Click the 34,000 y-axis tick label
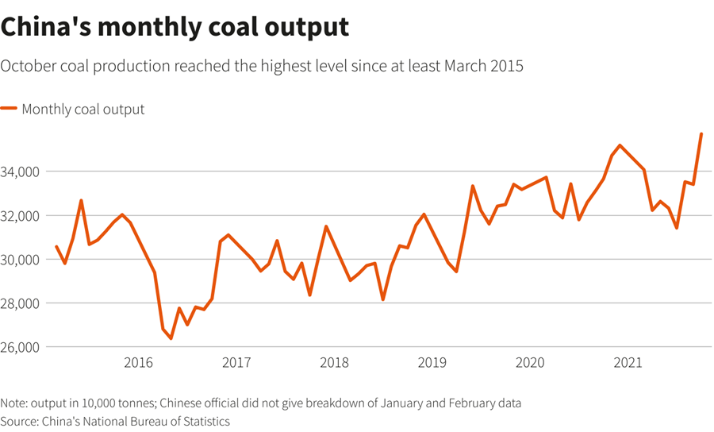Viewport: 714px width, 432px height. tap(22, 172)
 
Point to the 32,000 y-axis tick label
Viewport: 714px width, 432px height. tap(22, 216)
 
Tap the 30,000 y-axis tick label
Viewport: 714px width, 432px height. tap(22, 260)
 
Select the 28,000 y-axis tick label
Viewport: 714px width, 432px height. tap(22, 303)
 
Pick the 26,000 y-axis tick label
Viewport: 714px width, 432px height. tap(22, 348)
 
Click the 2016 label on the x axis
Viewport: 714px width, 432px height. tap(138, 363)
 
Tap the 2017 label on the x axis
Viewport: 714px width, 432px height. tap(236, 363)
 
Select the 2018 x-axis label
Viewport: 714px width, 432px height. tap(334, 363)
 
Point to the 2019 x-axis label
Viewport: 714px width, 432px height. tap(432, 363)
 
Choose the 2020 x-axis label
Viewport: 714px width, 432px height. tap(530, 363)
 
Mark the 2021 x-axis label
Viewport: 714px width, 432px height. tap(628, 363)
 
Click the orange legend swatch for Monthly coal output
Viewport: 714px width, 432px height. tap(9, 109)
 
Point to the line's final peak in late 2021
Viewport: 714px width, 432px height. tap(701, 134)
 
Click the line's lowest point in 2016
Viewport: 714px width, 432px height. tap(171, 338)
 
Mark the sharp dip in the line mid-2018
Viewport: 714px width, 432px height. tap(382, 299)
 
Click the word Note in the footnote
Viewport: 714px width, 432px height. tap(14, 403)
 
